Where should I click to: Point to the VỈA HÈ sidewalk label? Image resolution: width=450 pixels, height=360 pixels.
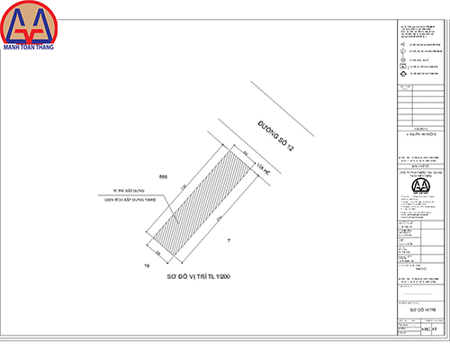[x=262, y=167]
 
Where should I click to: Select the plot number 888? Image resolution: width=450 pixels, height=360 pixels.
[x=163, y=176]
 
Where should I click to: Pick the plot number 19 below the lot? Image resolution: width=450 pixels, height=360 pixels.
[x=146, y=267]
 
